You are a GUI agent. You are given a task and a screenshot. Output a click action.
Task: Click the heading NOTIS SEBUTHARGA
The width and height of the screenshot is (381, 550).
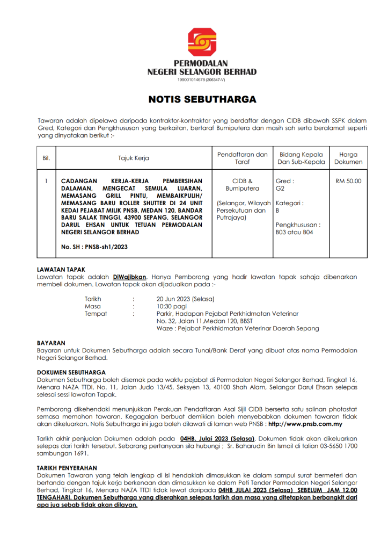click(x=202, y=99)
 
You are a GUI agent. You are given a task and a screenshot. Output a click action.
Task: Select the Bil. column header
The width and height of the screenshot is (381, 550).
click(x=46, y=158)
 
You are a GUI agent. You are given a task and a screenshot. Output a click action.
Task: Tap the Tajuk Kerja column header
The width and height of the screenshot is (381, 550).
click(x=134, y=158)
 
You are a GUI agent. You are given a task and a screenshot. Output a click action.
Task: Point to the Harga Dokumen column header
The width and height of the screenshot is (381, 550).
click(x=348, y=158)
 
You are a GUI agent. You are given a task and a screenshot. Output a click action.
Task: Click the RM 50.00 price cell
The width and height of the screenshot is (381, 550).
click(x=348, y=182)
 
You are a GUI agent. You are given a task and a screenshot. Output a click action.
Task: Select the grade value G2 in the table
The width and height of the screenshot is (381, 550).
click(x=280, y=189)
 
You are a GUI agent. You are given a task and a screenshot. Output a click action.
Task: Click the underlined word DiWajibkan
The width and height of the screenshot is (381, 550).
click(x=130, y=277)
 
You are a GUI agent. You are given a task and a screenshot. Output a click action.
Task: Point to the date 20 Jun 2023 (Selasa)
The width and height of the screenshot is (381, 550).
click(x=185, y=299)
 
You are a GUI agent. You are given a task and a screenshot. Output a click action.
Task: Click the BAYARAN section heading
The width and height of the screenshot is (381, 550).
click(x=51, y=343)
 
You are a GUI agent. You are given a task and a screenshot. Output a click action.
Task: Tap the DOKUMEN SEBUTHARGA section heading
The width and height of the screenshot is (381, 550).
click(x=71, y=372)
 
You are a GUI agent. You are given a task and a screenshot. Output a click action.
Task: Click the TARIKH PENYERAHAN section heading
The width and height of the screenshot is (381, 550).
click(x=67, y=468)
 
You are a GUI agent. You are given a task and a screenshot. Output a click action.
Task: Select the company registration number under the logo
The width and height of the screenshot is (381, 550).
click(x=202, y=79)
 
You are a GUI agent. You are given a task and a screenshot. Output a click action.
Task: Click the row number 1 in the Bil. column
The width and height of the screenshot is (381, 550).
click(x=46, y=182)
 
